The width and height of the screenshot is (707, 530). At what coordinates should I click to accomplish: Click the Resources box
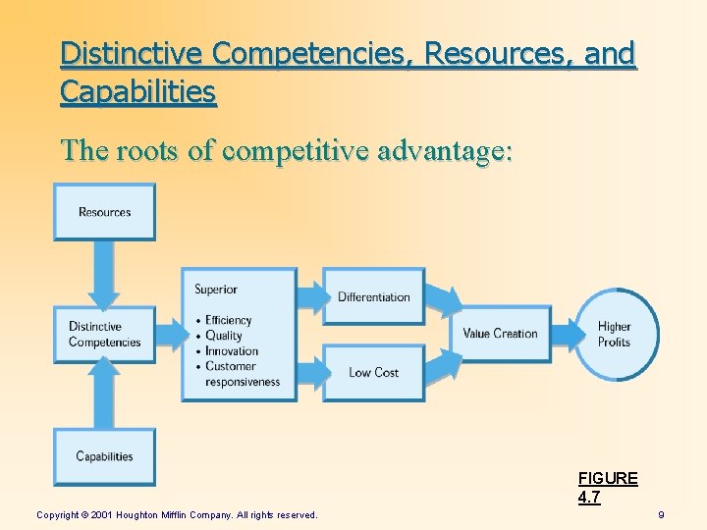tap(104, 212)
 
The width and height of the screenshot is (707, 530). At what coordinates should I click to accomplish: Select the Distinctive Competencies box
tap(104, 335)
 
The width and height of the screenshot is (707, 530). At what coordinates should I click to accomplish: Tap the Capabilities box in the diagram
tap(104, 456)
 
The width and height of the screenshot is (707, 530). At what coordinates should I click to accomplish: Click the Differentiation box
tap(374, 296)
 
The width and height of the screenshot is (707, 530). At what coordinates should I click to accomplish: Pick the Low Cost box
tap(374, 372)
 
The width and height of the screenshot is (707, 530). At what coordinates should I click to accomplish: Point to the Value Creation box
tap(500, 334)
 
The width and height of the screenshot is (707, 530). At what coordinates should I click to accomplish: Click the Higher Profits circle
tap(616, 335)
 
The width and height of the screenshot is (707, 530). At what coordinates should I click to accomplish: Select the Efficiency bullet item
tap(228, 320)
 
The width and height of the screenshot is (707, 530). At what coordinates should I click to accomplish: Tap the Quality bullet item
tap(224, 336)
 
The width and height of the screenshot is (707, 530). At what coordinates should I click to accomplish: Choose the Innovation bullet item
tap(232, 351)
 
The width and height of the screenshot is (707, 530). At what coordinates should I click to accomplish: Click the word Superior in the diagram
tap(216, 289)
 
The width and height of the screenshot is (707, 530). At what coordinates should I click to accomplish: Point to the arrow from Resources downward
tap(104, 273)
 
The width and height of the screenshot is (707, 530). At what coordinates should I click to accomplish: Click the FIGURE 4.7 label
tap(608, 488)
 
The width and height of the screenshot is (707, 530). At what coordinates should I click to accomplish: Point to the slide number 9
tap(661, 514)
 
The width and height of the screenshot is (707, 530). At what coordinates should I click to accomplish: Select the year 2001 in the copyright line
tap(102, 514)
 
